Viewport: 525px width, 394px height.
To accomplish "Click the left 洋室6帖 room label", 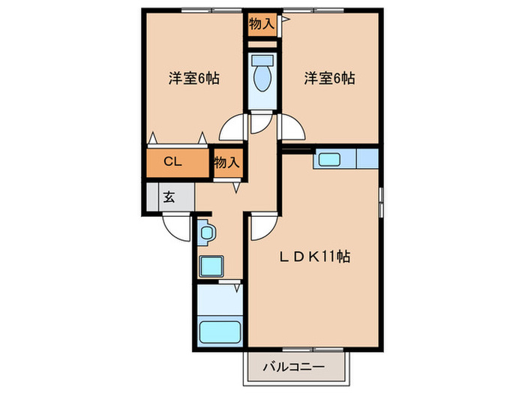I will (193, 77).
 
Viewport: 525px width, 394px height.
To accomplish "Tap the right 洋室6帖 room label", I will (329, 77).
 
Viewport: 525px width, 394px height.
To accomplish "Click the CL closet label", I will (173, 161).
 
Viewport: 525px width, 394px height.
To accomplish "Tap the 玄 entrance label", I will (169, 197).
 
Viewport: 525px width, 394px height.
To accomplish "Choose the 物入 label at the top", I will (261, 24).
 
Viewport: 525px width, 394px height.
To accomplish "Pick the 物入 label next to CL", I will (226, 161).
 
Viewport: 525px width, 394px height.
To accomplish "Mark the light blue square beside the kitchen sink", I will (367, 159).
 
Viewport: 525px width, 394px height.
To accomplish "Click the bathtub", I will (220, 331).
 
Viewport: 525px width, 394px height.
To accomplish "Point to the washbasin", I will (206, 233).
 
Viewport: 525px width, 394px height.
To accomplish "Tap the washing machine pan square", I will (211, 266).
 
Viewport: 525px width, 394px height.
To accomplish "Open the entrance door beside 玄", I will (177, 225).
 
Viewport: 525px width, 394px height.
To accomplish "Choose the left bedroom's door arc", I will (234, 128).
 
